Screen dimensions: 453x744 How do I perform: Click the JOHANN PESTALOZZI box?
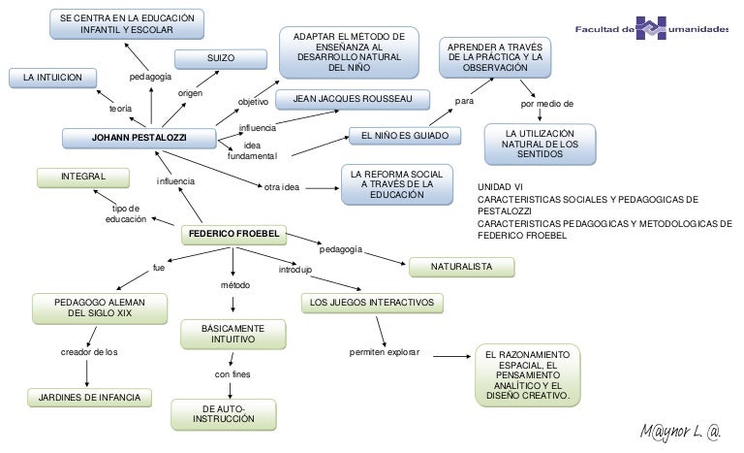point(139,139)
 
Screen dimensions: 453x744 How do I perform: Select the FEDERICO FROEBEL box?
point(232,234)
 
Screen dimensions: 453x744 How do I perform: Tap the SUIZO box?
point(221,59)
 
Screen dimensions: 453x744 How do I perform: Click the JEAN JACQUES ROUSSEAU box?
point(353,100)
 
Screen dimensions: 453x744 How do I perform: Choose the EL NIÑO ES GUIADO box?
point(404,137)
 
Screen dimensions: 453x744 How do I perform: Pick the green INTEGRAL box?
point(83,177)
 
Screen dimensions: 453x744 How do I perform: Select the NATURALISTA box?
point(461,265)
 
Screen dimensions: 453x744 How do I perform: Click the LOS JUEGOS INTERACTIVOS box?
point(372,304)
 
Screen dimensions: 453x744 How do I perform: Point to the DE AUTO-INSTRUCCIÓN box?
point(224,413)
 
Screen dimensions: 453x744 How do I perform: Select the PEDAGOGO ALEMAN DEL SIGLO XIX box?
point(92,308)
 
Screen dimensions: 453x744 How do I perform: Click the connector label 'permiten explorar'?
point(385,352)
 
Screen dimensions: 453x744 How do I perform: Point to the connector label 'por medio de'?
point(547,103)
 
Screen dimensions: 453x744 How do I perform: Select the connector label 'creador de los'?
point(89,352)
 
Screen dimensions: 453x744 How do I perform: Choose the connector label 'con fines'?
point(233,373)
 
